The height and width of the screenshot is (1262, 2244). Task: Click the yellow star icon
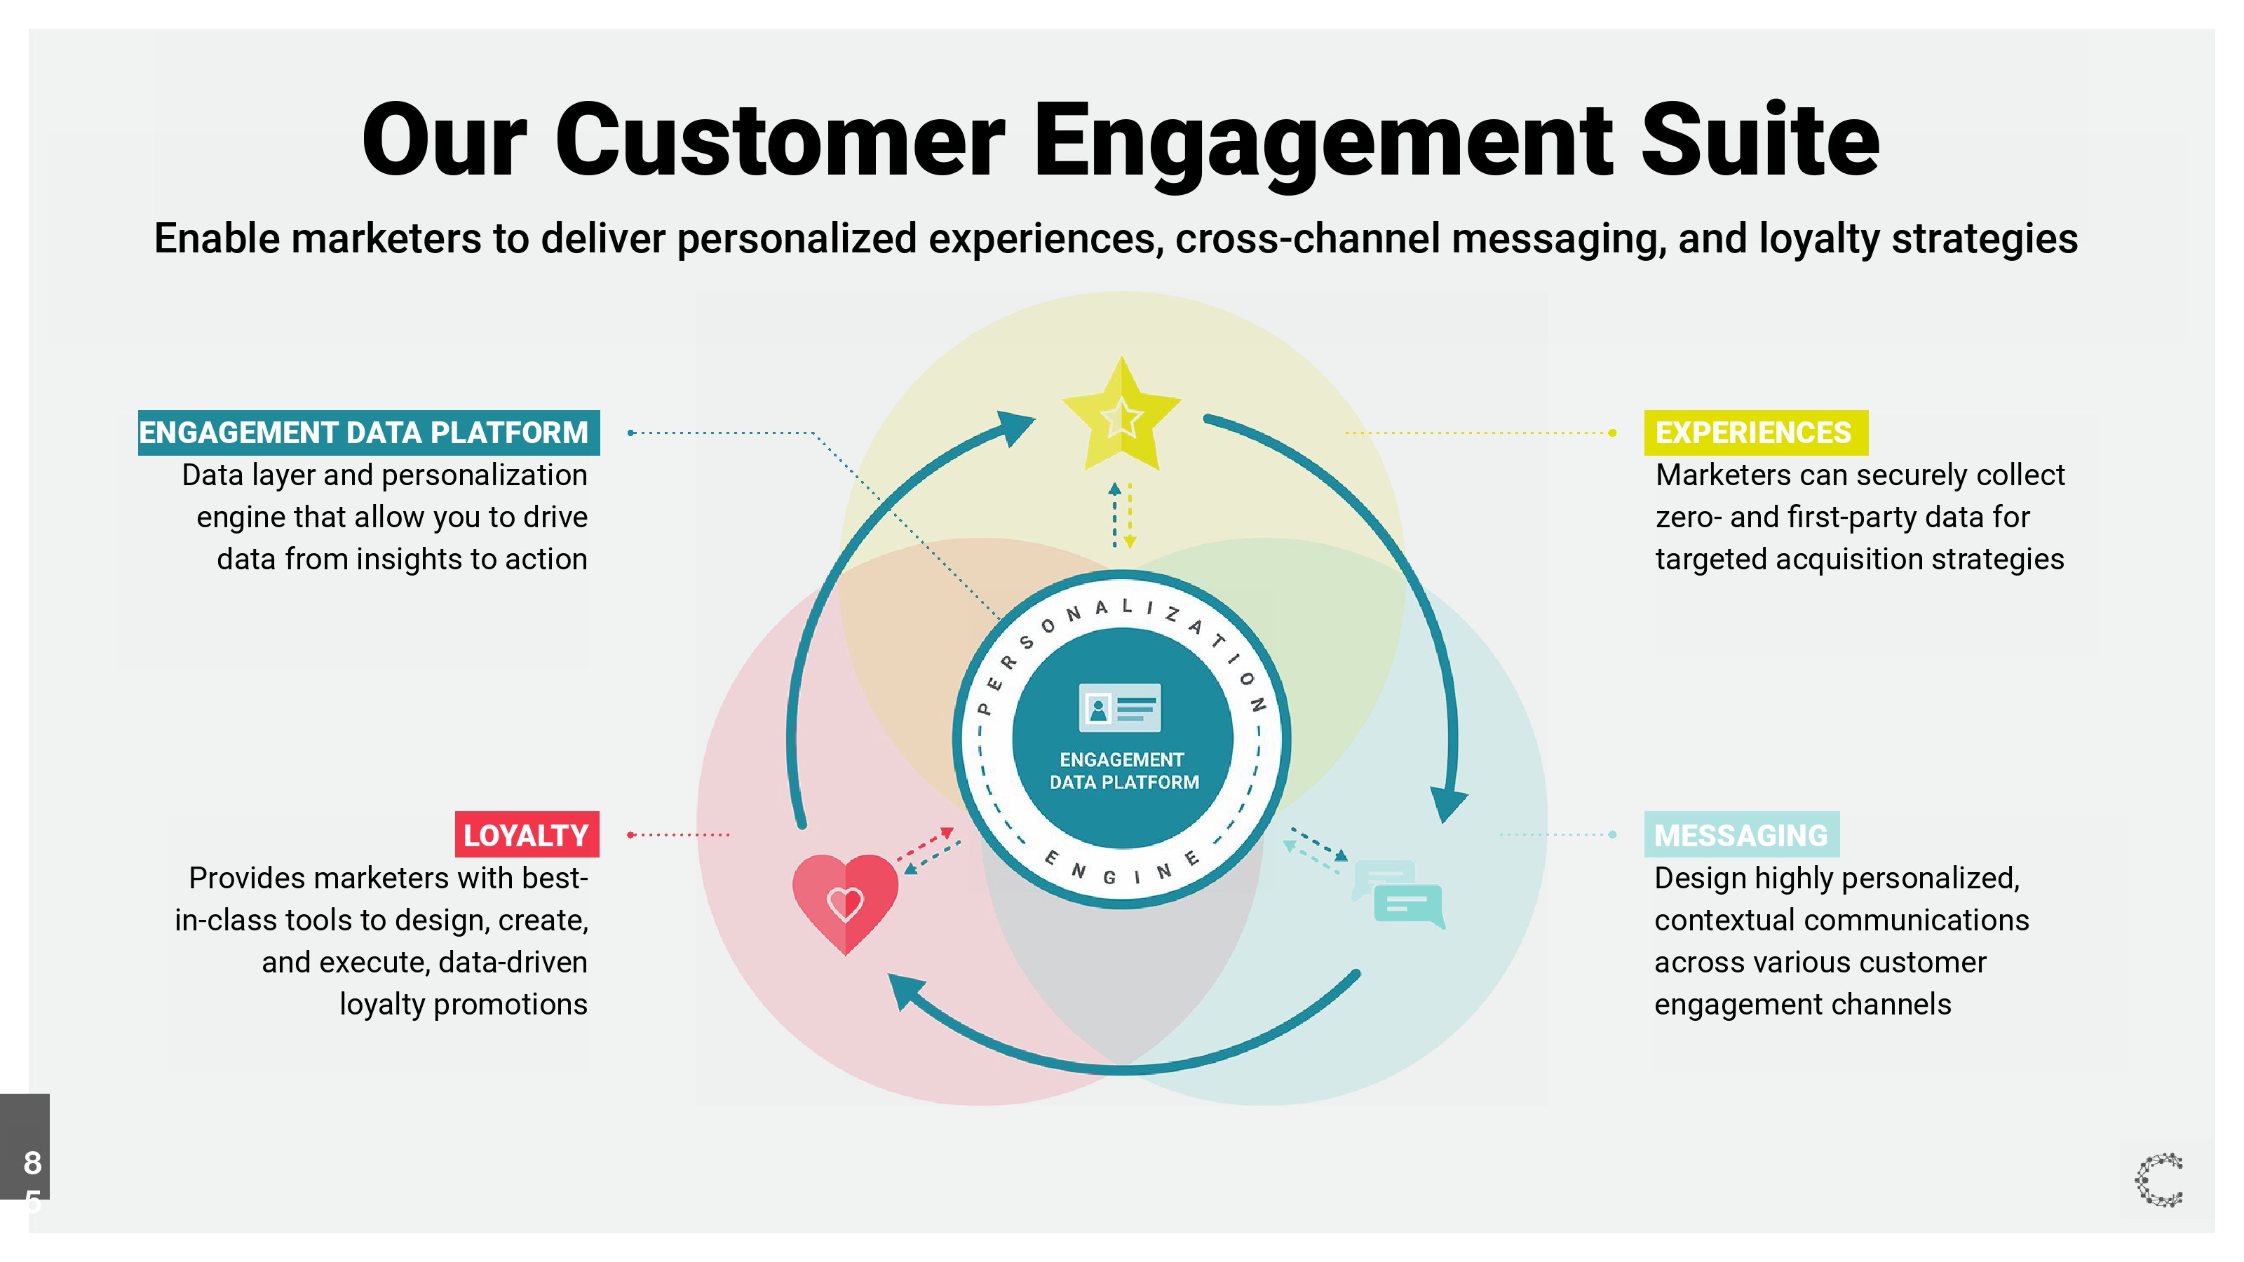coord(1121,418)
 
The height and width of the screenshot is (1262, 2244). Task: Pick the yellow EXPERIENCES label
coord(1755,433)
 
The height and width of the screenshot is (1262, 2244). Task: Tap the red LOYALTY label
coord(526,835)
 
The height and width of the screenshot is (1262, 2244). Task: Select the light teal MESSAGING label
coord(1741,835)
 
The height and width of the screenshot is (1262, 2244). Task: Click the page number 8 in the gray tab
coord(32,1162)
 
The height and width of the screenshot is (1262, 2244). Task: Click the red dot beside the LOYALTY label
coord(630,834)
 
